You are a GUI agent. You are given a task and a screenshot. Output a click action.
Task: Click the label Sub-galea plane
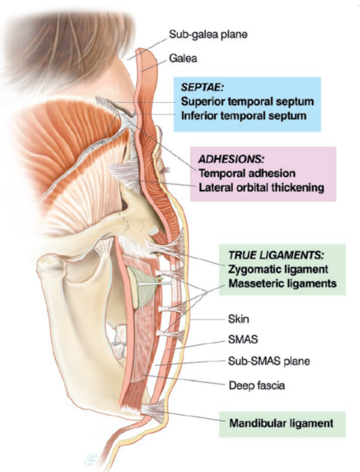tap(208, 35)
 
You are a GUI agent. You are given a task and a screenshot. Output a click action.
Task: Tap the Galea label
tap(183, 58)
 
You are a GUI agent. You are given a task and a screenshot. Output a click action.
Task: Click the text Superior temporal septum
tap(248, 101)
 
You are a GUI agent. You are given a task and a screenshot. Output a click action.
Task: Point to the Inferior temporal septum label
tap(243, 115)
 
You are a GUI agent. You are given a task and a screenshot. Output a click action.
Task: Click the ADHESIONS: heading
tap(231, 159)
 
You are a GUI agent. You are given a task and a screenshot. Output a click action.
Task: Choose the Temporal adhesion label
tap(247, 173)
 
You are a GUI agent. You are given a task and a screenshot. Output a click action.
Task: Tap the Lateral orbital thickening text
tap(261, 188)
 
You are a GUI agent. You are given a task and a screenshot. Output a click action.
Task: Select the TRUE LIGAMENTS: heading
tap(276, 255)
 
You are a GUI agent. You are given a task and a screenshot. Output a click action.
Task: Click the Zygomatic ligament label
tap(278, 269)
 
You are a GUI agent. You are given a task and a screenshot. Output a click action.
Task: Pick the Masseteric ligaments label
tap(282, 283)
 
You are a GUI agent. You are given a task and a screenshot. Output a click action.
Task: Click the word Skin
tap(238, 319)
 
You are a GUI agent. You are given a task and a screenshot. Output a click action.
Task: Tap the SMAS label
tap(243, 339)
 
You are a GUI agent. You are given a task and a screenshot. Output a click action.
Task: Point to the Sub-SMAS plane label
tap(269, 361)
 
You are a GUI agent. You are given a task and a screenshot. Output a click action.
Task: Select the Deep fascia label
tap(257, 386)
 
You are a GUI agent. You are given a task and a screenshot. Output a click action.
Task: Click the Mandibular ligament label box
tap(282, 424)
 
